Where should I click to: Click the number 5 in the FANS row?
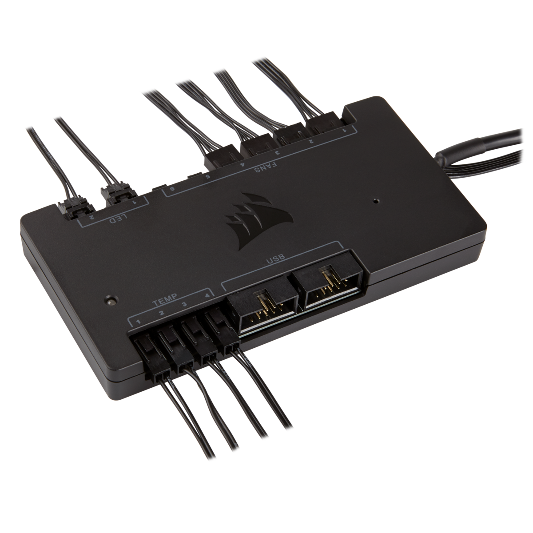[208, 176]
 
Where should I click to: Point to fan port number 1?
[344, 131]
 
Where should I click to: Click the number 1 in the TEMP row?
[139, 321]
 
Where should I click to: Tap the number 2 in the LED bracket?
[92, 217]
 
